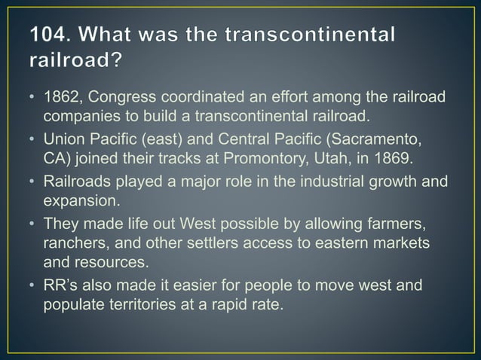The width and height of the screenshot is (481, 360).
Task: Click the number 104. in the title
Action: (54, 35)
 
